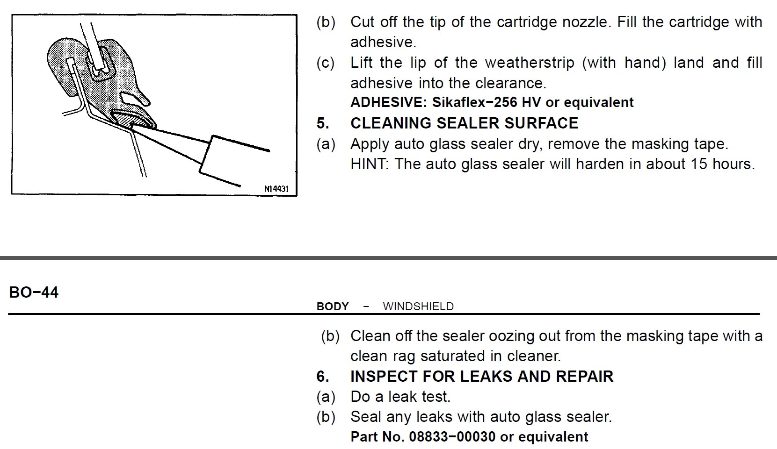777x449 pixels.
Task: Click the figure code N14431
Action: point(276,189)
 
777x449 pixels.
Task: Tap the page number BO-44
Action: point(34,292)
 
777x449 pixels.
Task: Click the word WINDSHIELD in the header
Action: point(418,306)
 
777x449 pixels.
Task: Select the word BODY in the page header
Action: point(333,306)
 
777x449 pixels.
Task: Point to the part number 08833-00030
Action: point(452,437)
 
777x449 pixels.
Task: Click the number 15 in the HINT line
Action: point(699,164)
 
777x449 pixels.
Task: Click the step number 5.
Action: point(322,123)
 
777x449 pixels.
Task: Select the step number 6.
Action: point(322,377)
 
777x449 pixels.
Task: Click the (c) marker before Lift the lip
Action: point(326,63)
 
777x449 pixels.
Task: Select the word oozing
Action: point(510,336)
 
